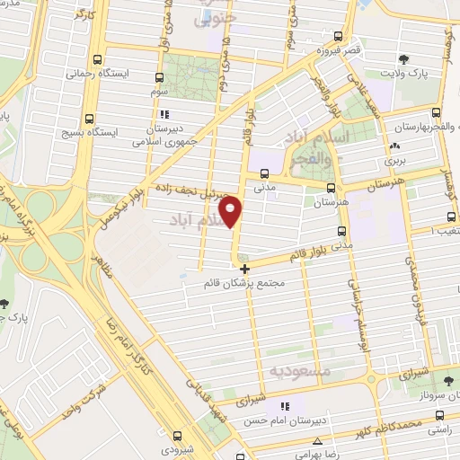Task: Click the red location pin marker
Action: [233, 212]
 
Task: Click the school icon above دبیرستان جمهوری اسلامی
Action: [163, 115]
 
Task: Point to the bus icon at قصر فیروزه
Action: [338, 37]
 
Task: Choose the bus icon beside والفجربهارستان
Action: [436, 113]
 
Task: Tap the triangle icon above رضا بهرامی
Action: [319, 441]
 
